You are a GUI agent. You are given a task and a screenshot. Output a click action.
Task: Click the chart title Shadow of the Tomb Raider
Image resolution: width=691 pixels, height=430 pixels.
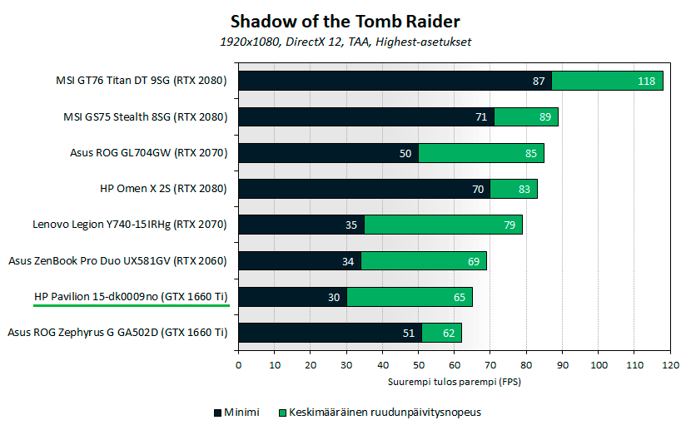pyautogui.click(x=345, y=20)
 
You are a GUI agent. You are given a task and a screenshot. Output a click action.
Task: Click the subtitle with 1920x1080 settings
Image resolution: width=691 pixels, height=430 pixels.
pyautogui.click(x=345, y=41)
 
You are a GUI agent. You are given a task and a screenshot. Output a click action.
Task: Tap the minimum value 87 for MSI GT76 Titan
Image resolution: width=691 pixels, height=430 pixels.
pyautogui.click(x=539, y=81)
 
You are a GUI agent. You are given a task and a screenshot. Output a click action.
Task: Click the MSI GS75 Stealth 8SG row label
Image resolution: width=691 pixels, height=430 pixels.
pyautogui.click(x=145, y=117)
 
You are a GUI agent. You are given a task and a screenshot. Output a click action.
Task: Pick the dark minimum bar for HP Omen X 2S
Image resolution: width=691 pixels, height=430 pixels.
pyautogui.click(x=364, y=189)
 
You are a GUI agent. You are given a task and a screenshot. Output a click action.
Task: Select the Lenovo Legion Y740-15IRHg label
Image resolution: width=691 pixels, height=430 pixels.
pyautogui.click(x=129, y=225)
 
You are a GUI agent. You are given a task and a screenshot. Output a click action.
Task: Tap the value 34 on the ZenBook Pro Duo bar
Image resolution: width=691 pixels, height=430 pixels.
pyautogui.click(x=348, y=261)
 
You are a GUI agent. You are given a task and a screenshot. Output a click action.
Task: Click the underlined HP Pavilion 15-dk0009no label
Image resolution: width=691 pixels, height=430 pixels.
pyautogui.click(x=131, y=296)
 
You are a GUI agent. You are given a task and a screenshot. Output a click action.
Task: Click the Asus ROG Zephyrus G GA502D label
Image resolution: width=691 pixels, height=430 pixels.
pyautogui.click(x=117, y=333)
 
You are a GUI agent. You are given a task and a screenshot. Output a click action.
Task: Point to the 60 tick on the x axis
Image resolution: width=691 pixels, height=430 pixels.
pyautogui.click(x=455, y=364)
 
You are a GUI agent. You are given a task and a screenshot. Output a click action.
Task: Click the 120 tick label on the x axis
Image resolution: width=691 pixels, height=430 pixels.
pyautogui.click(x=670, y=364)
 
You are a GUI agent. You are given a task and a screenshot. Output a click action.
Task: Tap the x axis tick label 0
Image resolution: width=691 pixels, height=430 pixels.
pyautogui.click(x=238, y=364)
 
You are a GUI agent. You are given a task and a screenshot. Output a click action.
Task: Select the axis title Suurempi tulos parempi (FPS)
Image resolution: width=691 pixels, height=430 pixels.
pyautogui.click(x=454, y=383)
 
